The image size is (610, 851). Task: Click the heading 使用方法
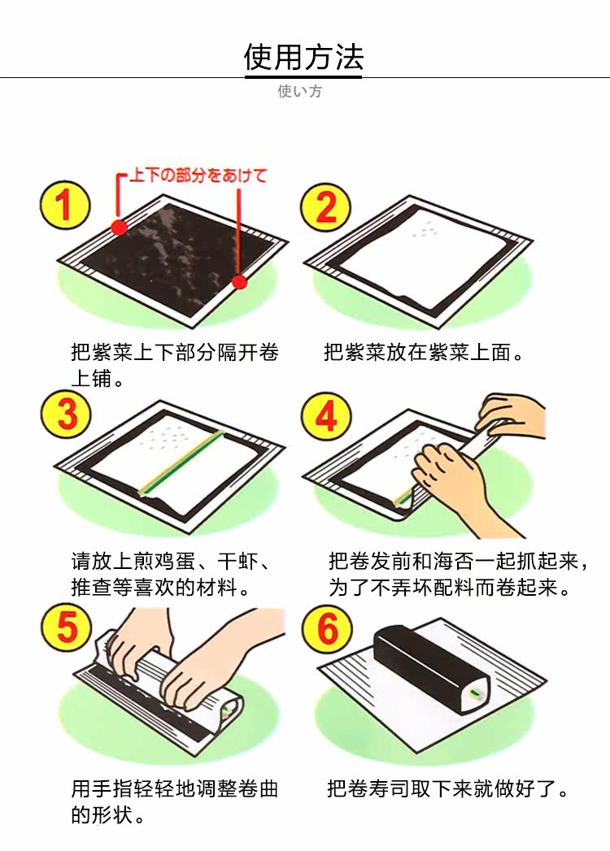pyautogui.click(x=303, y=57)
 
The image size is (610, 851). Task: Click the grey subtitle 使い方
pyautogui.click(x=300, y=91)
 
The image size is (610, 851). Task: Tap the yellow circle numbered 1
pyautogui.click(x=64, y=205)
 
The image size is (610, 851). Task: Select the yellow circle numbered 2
pyautogui.click(x=326, y=207)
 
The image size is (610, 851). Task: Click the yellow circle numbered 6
pyautogui.click(x=327, y=628)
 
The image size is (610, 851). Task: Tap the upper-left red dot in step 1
pyautogui.click(x=119, y=227)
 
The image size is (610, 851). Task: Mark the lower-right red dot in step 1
pyautogui.click(x=239, y=282)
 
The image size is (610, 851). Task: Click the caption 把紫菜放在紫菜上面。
pyautogui.click(x=423, y=352)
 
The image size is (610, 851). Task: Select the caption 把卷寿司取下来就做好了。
pyautogui.click(x=447, y=788)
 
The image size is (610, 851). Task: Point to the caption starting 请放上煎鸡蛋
pyautogui.click(x=171, y=574)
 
